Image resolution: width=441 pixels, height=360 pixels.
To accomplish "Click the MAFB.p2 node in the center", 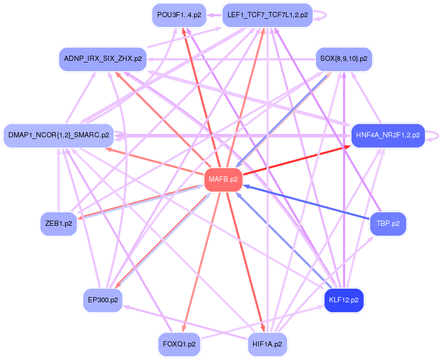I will [223, 179].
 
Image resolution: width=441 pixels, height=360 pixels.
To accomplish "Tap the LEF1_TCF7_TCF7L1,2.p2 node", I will [267, 15].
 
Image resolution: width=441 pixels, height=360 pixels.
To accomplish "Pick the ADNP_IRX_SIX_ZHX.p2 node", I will [103, 58].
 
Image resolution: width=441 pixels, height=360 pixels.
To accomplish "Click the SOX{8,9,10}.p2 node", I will [344, 59].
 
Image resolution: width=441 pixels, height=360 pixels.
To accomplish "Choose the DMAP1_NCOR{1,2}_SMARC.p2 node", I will [58, 135].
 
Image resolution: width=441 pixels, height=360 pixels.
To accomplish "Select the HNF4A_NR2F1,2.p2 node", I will [388, 135].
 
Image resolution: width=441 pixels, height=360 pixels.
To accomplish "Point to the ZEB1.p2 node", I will [58, 224].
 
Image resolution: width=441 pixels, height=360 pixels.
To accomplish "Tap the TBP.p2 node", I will [388, 224].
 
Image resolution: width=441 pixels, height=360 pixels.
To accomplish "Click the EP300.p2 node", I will [103, 300].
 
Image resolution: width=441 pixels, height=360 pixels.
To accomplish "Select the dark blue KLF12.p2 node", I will [344, 300].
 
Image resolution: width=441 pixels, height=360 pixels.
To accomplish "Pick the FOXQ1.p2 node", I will [179, 344].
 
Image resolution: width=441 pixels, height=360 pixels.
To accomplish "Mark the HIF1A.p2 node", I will [267, 344].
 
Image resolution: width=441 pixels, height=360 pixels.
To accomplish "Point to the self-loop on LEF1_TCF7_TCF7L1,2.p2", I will [322, 15].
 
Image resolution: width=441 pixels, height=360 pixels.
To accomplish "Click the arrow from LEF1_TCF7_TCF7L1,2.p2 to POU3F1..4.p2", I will [215, 16].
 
